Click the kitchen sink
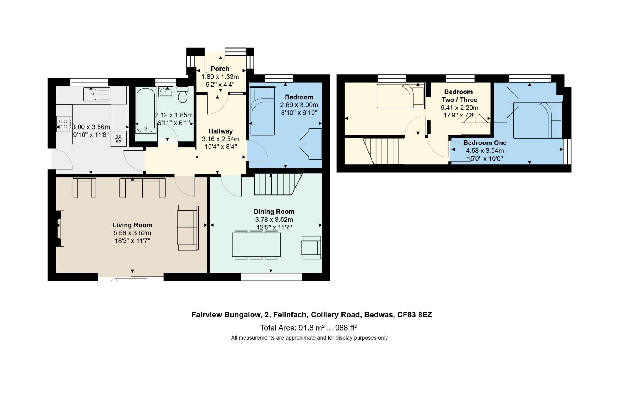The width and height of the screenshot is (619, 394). point(96,94)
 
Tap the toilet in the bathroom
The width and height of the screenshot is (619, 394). point(182,95)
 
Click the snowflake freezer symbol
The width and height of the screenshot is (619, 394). point(118,139)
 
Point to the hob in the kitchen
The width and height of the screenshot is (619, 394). point(64,124)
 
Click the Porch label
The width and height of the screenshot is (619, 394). point(220,69)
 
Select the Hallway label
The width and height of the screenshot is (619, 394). point(221,131)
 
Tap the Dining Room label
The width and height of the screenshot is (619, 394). point(274,212)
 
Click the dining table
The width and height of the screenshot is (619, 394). point(256,245)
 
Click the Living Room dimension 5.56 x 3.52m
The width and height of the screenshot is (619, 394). point(132,233)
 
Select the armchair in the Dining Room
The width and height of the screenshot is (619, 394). point(311,248)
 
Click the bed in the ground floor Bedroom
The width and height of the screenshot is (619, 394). point(262,111)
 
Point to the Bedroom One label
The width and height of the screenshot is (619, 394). point(485,143)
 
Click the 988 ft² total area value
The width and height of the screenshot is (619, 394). point(343,327)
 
